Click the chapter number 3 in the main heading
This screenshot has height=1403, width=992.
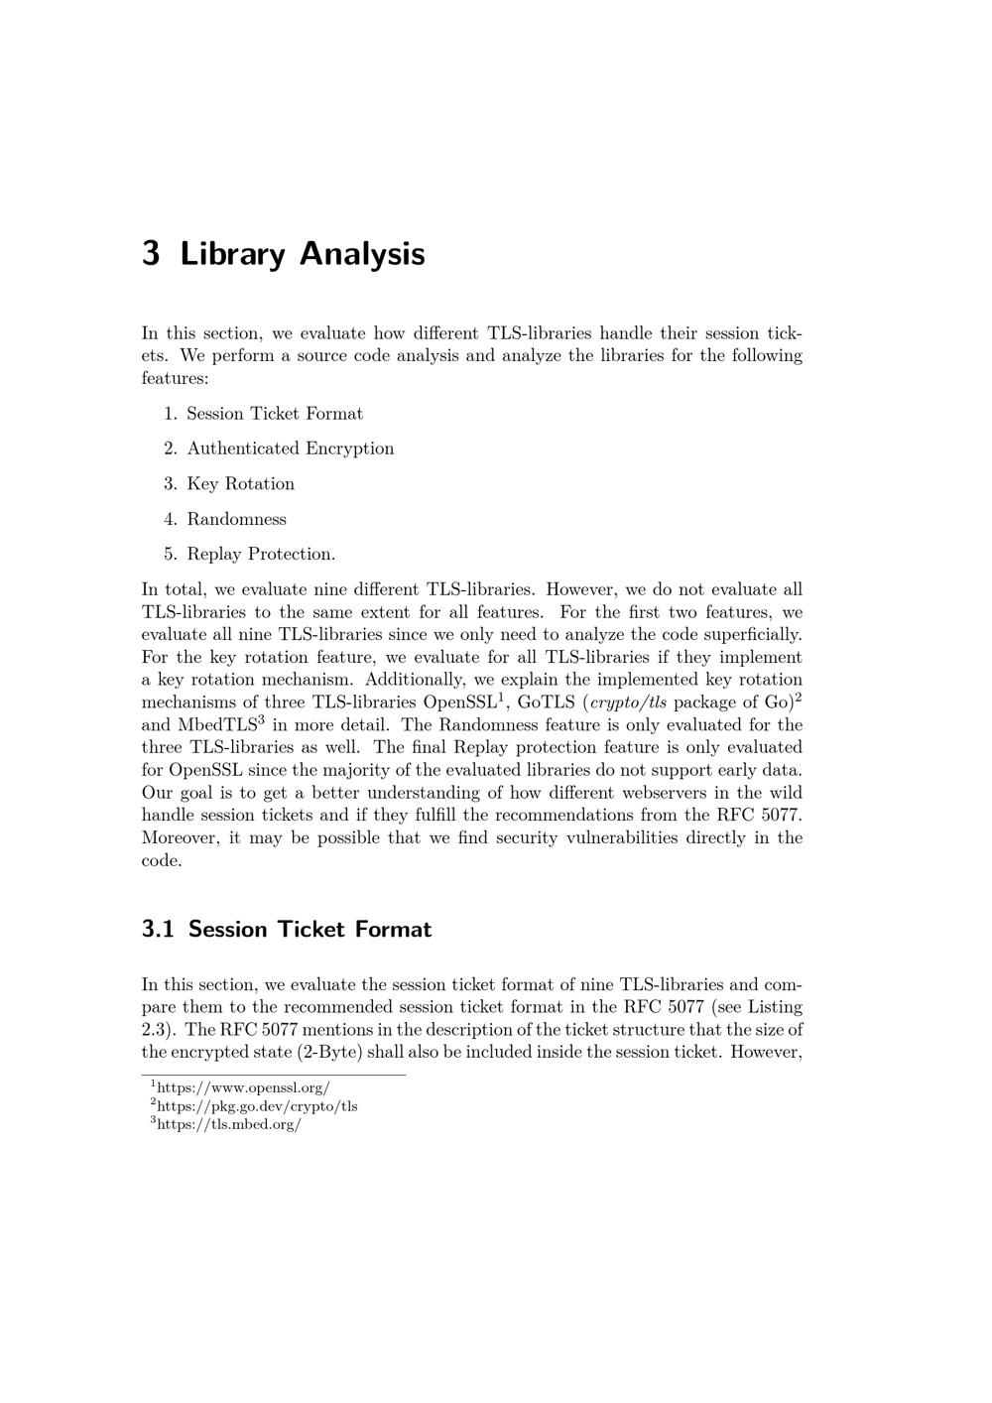click(151, 254)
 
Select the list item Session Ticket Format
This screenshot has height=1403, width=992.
click(275, 414)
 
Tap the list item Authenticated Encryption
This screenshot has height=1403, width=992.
click(290, 448)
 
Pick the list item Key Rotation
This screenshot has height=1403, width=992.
click(240, 484)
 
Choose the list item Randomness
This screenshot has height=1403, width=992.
click(236, 519)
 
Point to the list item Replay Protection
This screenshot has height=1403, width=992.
click(261, 554)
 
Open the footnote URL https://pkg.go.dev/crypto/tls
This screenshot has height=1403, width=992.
click(257, 1106)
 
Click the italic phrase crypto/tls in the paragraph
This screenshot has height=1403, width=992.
click(628, 702)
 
